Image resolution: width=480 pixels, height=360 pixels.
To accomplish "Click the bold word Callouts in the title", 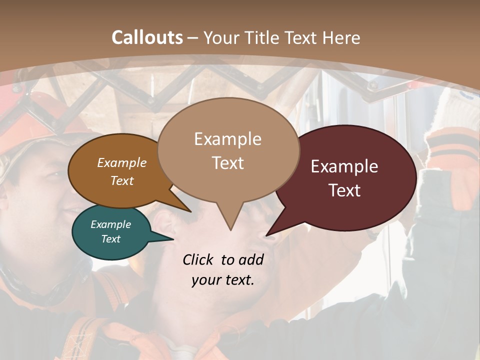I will pyautogui.click(x=147, y=37).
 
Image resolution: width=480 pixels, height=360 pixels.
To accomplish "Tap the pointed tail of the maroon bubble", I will pyautogui.click(x=270, y=233).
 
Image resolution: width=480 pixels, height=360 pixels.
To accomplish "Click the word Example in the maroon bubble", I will pyautogui.click(x=344, y=166).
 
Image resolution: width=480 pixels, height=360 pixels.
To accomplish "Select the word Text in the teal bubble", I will pyautogui.click(x=111, y=239).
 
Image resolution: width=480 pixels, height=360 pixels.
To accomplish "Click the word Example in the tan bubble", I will pyautogui.click(x=227, y=139).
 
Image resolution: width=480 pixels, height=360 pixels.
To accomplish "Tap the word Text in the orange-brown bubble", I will pyautogui.click(x=122, y=180).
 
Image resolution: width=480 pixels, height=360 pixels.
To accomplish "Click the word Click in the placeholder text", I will pyautogui.click(x=198, y=259).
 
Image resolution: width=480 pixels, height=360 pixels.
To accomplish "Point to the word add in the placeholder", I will pyautogui.click(x=250, y=259).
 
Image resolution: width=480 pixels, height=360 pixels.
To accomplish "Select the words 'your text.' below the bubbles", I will pyautogui.click(x=223, y=280).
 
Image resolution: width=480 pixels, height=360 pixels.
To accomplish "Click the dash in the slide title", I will pyautogui.click(x=193, y=37).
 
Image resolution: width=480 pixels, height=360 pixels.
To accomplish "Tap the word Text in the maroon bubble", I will pyautogui.click(x=344, y=190).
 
